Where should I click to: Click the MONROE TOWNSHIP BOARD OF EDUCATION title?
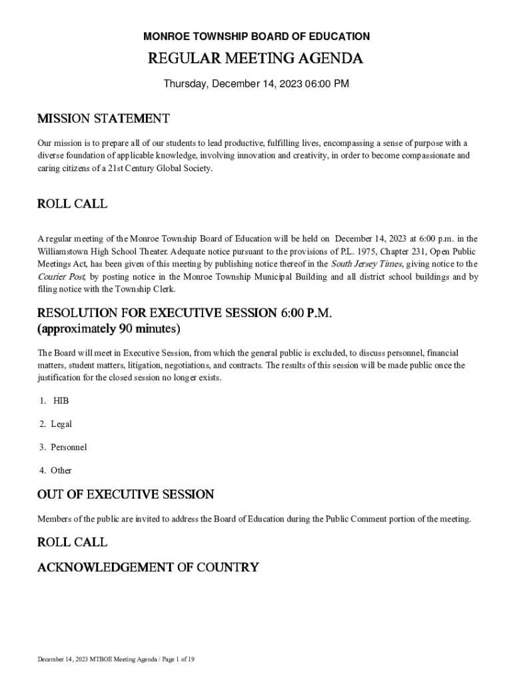tap(256, 37)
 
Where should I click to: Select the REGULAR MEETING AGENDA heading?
tap(256, 59)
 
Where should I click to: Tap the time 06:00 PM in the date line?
tap(326, 84)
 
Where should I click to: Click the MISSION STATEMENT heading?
tap(103, 119)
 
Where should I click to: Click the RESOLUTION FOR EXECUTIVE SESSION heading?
tap(184, 313)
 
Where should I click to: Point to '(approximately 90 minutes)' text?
tap(109, 329)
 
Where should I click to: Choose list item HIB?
tap(61, 401)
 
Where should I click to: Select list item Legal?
tap(61, 424)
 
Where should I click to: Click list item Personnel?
tap(69, 447)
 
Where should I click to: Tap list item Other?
tap(61, 470)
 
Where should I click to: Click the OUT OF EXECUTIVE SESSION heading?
tap(126, 495)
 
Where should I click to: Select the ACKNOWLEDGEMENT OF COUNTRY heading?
tap(148, 568)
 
